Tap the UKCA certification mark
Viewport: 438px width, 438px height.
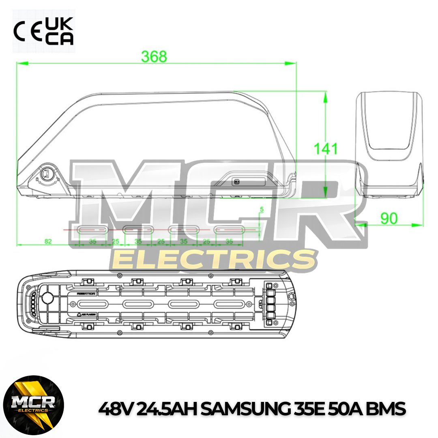(59, 31)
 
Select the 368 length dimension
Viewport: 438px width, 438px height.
(154, 56)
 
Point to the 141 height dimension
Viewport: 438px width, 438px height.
(326, 148)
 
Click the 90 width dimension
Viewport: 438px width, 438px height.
(389, 218)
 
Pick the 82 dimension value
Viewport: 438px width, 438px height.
(48, 241)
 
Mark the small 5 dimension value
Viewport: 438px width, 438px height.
(262, 210)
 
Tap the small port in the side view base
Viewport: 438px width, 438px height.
(236, 182)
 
